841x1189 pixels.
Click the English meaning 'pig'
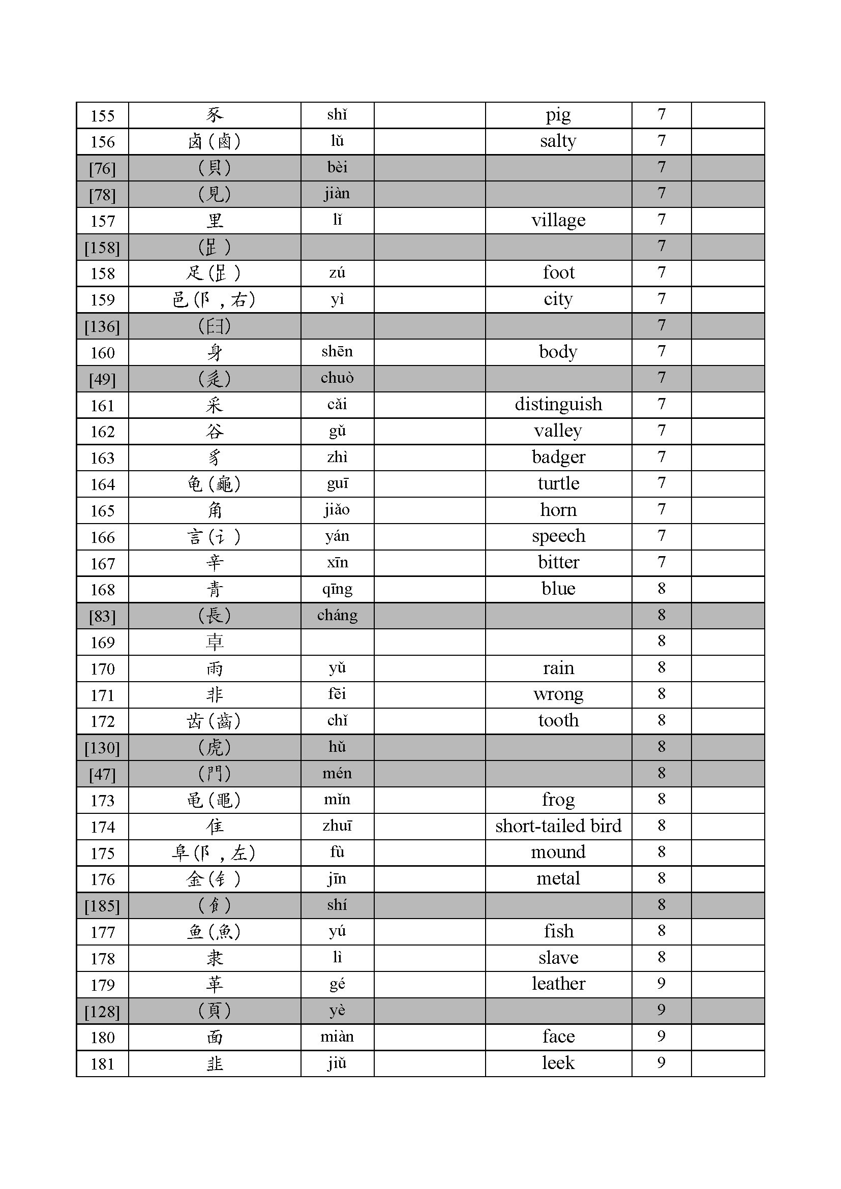click(558, 115)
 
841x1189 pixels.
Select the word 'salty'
click(558, 141)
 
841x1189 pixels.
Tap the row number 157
click(103, 221)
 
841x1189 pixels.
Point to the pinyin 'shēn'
click(337, 352)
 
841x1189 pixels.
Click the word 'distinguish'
click(558, 405)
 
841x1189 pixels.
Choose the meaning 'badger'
click(558, 458)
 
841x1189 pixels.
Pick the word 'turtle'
click(558, 483)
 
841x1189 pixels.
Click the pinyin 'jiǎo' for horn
click(337, 510)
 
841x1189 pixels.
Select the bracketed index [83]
click(103, 616)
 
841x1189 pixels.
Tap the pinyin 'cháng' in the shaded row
click(337, 615)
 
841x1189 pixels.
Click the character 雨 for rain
click(215, 668)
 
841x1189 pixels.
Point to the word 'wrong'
click(558, 694)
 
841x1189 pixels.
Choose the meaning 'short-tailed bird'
click(558, 826)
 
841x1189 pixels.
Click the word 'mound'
click(558, 852)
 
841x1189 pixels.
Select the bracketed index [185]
click(103, 906)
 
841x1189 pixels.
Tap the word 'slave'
click(558, 958)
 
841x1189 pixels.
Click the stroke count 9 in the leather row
click(661, 984)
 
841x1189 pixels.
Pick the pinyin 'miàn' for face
click(337, 1036)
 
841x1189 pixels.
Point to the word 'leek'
click(558, 1063)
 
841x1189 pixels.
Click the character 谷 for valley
click(215, 432)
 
